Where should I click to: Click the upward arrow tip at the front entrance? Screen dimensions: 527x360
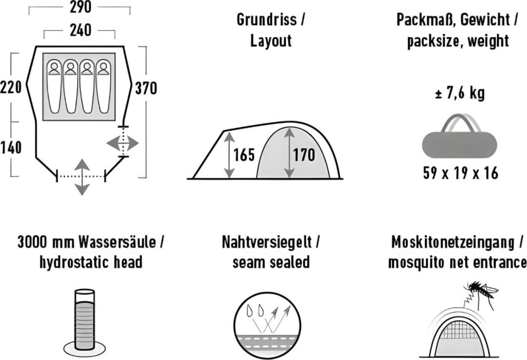point(82,159)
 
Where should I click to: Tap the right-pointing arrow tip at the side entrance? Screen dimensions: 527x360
point(138,144)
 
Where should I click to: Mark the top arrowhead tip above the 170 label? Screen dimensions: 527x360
point(289,128)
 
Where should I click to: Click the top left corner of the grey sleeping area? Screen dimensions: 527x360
point(43,53)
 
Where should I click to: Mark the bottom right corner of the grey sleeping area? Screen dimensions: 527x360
point(115,120)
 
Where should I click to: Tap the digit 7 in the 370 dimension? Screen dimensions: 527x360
point(146,89)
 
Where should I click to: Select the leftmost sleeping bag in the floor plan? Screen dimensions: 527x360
point(54,86)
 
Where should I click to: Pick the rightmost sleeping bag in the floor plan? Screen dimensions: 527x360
point(103,86)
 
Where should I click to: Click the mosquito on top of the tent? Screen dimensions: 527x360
point(481,293)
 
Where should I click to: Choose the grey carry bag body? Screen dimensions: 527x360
point(460,145)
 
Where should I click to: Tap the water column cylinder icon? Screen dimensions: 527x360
point(85,319)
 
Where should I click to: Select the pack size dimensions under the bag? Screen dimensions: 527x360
point(461,173)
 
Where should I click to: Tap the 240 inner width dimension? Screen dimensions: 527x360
point(80,30)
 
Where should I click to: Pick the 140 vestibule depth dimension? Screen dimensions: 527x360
point(11,148)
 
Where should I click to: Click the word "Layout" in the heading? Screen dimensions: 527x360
point(271,41)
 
